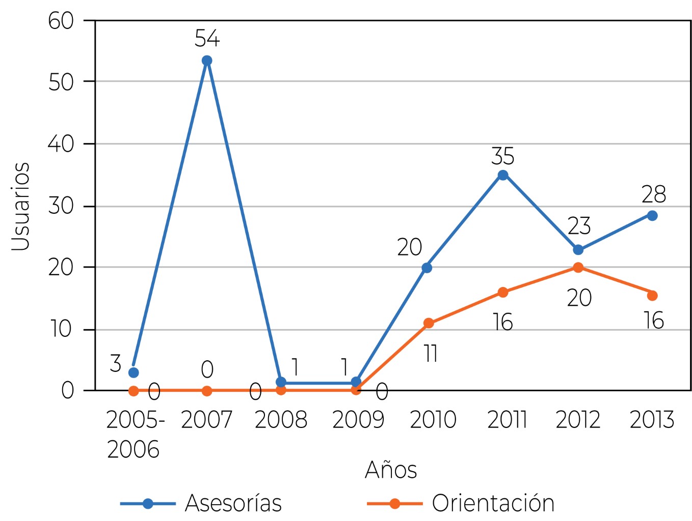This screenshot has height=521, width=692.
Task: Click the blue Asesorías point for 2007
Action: pyautogui.click(x=207, y=61)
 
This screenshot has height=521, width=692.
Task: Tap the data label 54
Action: pyautogui.click(x=207, y=39)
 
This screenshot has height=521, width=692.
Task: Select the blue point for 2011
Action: pyautogui.click(x=503, y=176)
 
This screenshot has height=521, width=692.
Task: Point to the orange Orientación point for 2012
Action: pyautogui.click(x=578, y=268)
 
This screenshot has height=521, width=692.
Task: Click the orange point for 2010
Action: pyautogui.click(x=429, y=323)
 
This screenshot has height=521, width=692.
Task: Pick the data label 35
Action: pyautogui.click(x=502, y=156)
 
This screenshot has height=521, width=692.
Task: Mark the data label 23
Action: pyautogui.click(x=579, y=225)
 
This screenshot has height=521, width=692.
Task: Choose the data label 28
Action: pyautogui.click(x=653, y=194)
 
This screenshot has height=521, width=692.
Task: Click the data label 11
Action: pyautogui.click(x=431, y=354)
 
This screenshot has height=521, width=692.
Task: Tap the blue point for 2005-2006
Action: pyautogui.click(x=134, y=372)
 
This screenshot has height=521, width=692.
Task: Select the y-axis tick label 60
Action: pyautogui.click(x=61, y=21)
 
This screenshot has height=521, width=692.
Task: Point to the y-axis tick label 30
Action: pyautogui.click(x=61, y=206)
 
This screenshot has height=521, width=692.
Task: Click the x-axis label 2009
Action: pyautogui.click(x=358, y=420)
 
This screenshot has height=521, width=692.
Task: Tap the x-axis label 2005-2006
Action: pyautogui.click(x=135, y=435)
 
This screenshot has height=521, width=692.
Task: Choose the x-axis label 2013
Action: pyautogui.click(x=652, y=420)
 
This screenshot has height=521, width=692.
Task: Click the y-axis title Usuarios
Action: pyautogui.click(x=21, y=206)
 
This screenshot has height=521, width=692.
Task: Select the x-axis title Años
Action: pyautogui.click(x=391, y=469)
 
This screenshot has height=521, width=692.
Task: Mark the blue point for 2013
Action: pyautogui.click(x=652, y=216)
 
